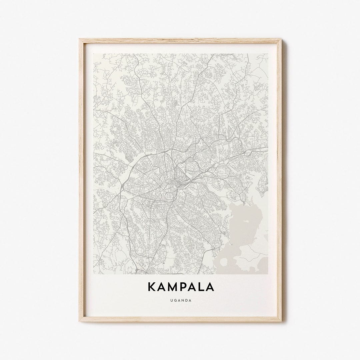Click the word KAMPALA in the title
(180, 287)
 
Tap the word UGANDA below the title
(180, 300)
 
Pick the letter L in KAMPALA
(200, 287)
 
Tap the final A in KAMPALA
(210, 287)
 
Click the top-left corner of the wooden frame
(79, 39)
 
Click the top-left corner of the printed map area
(93, 54)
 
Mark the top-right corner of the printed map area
(268, 54)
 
